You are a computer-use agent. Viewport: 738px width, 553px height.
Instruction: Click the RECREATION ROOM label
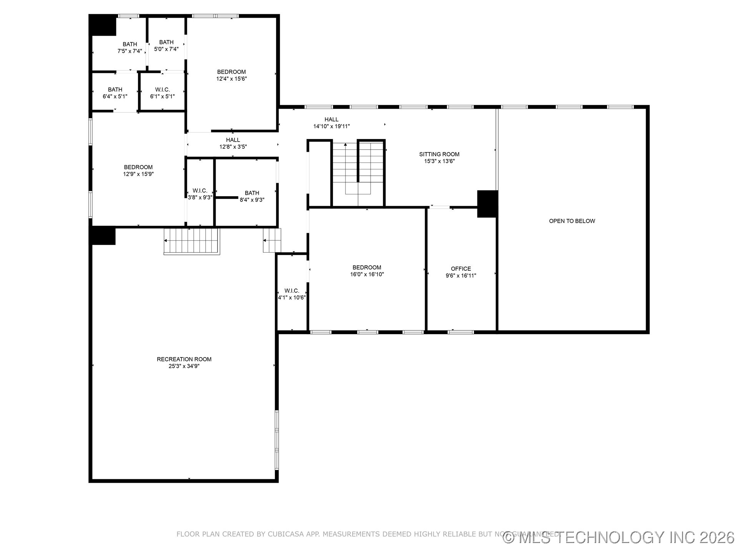184,359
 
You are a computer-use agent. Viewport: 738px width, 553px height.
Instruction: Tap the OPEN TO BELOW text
572,221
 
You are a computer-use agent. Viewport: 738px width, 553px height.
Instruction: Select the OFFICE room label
460,269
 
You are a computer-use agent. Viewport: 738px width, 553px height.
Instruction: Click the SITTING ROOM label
439,154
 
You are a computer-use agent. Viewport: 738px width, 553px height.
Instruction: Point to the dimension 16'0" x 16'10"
367,274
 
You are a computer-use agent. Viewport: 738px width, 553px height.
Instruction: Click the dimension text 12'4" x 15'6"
231,79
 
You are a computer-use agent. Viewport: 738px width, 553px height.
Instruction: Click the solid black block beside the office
487,204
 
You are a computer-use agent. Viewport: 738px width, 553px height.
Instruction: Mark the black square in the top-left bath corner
103,25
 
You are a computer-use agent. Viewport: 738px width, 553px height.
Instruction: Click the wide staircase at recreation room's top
192,241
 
